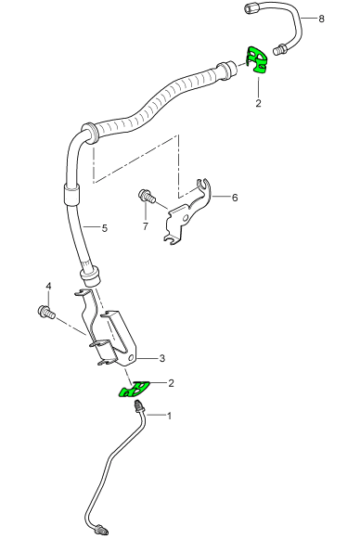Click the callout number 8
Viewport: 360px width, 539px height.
click(321, 19)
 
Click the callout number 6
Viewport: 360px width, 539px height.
click(235, 198)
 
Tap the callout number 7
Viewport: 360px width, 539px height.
click(146, 226)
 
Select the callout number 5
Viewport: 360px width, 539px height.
click(105, 228)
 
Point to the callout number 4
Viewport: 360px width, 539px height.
click(49, 286)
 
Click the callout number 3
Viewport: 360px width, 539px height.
click(162, 358)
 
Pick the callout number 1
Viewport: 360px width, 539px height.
click(169, 416)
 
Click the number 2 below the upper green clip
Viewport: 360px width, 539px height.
click(258, 103)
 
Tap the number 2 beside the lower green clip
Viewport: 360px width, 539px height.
click(171, 383)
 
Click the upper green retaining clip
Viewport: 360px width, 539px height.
click(257, 60)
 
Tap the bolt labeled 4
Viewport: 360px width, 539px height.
click(46, 312)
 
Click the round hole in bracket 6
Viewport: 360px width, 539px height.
click(186, 218)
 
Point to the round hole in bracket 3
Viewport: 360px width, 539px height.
click(131, 358)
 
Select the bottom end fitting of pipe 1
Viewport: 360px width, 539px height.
click(102, 528)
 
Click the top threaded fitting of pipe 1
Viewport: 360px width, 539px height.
click(139, 405)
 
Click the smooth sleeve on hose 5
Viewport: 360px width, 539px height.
click(71, 195)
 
